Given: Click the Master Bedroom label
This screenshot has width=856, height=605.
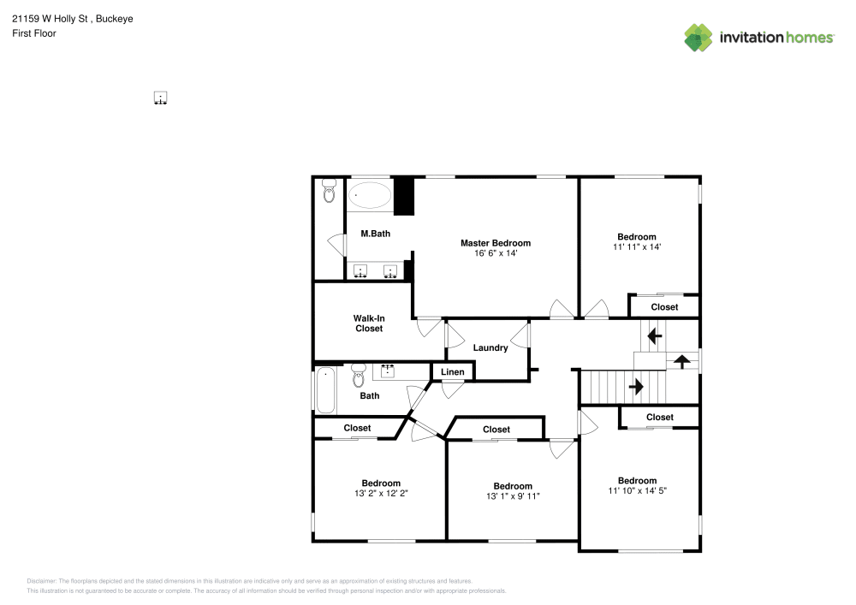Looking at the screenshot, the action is pyautogui.click(x=495, y=243).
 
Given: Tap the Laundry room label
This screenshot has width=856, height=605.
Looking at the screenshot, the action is pyautogui.click(x=490, y=348).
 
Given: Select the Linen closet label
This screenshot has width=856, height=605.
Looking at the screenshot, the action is pyautogui.click(x=453, y=372).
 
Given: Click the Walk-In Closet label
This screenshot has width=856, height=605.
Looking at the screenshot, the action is pyautogui.click(x=369, y=323).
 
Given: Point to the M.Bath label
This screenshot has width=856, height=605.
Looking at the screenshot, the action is pyautogui.click(x=376, y=234).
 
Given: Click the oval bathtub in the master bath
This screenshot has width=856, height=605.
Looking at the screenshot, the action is pyautogui.click(x=370, y=195).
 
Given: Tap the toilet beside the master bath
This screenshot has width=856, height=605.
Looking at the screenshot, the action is pyautogui.click(x=329, y=190).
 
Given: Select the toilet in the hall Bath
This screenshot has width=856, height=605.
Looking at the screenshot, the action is pyautogui.click(x=358, y=376).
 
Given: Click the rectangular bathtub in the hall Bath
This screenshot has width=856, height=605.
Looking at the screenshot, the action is pyautogui.click(x=326, y=390).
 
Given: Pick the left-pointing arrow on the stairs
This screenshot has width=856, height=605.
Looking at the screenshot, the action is pyautogui.click(x=655, y=336).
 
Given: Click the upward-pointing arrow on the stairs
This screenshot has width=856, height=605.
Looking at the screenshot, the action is pyautogui.click(x=681, y=361).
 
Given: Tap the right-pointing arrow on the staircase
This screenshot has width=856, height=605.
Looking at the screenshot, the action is pyautogui.click(x=636, y=387).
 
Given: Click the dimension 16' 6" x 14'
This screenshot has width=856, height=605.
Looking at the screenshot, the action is pyautogui.click(x=496, y=253).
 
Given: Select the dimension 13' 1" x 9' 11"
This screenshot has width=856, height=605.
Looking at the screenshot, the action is pyautogui.click(x=513, y=495).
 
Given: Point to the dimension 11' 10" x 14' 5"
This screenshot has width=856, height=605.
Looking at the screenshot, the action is pyautogui.click(x=637, y=490).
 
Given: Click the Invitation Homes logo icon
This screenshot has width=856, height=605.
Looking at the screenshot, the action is pyautogui.click(x=698, y=38).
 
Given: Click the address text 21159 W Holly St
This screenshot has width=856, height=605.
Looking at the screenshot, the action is pyautogui.click(x=50, y=19).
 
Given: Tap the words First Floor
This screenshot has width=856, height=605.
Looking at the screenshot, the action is pyautogui.click(x=34, y=33).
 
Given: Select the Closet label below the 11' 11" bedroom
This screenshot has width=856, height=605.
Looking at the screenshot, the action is pyautogui.click(x=664, y=307).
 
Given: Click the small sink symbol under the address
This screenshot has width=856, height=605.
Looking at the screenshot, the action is pyautogui.click(x=160, y=98).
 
